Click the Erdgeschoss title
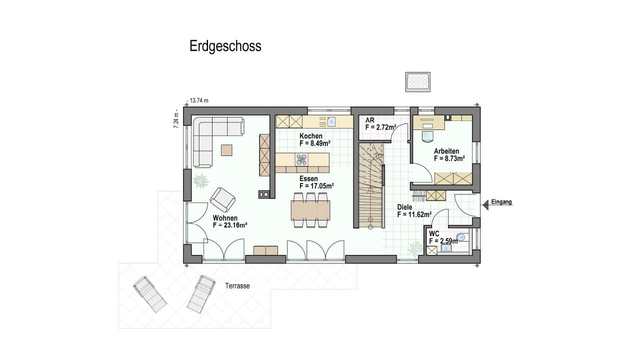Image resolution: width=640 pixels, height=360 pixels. [x=225, y=46]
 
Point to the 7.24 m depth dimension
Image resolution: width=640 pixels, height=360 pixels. [x=176, y=118]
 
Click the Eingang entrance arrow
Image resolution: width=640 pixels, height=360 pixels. [x=485, y=205]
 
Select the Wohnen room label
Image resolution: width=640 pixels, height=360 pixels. [x=225, y=218]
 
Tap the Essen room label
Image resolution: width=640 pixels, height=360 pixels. [x=308, y=178]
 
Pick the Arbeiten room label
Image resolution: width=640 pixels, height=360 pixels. [x=446, y=151]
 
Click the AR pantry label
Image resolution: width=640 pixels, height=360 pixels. [x=369, y=120]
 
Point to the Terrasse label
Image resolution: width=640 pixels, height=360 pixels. [x=237, y=286]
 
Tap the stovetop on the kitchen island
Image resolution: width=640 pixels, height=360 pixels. [x=301, y=159]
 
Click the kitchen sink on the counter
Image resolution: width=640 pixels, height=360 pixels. [x=331, y=121]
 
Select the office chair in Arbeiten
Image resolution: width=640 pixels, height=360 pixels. [x=427, y=136]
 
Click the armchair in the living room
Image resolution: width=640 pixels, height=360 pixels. [x=222, y=199]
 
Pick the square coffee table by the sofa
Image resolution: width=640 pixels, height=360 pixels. [x=226, y=150]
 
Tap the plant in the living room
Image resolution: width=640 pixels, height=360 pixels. [x=200, y=181]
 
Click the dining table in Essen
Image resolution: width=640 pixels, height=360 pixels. [x=310, y=210]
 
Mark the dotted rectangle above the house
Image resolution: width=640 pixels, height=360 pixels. [x=417, y=81]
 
